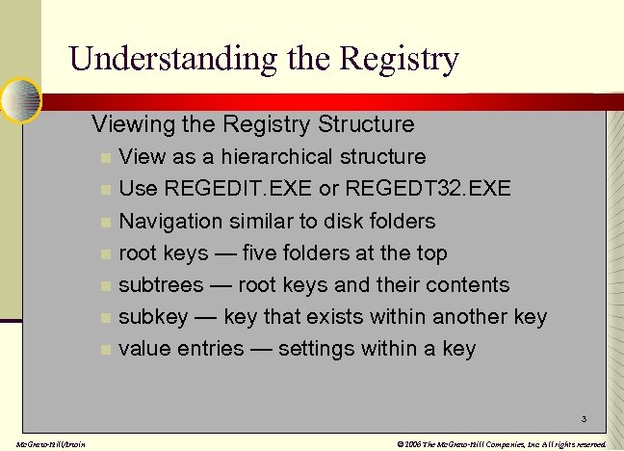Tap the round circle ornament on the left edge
tap(18, 99)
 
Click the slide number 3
tap(583, 419)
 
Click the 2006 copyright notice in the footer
tap(501, 443)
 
